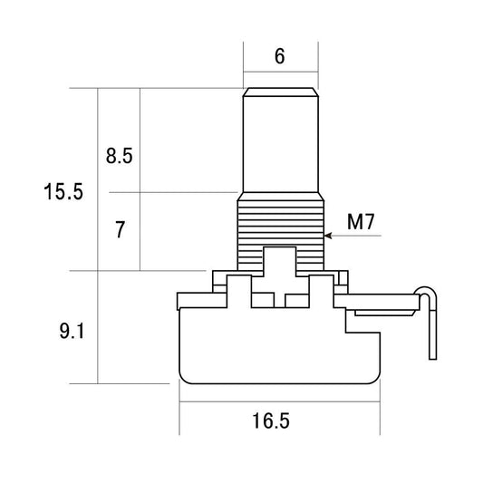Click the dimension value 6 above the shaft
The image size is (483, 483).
(279, 56)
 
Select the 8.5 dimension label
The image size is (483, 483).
(119, 156)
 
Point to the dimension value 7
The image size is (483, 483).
(119, 230)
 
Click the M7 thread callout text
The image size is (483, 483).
(362, 221)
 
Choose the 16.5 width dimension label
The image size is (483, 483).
(273, 421)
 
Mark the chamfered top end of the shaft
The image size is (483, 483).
(280, 92)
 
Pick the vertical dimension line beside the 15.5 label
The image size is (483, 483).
(97, 236)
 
